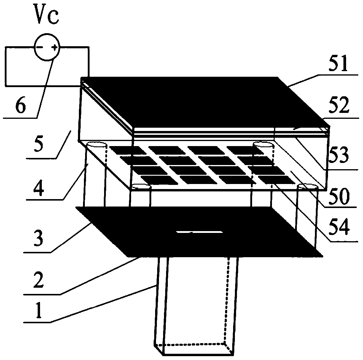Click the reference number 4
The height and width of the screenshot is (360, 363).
pos(36,186)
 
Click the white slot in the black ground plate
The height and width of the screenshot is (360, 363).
pos(199,232)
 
